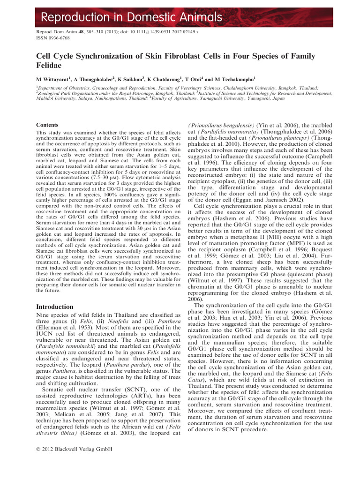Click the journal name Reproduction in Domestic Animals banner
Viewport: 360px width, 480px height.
(131, 18)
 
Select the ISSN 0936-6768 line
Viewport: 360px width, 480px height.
(55, 39)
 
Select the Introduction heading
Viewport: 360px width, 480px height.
(55, 307)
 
